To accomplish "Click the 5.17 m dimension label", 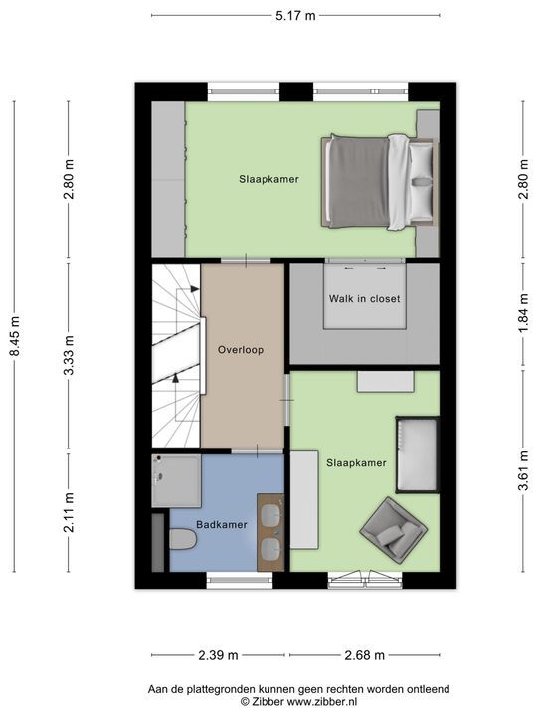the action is pyautogui.click(x=295, y=16).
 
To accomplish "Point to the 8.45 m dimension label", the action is pyautogui.click(x=16, y=336).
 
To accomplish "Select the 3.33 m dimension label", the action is pyautogui.click(x=69, y=355).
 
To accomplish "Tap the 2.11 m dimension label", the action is pyautogui.click(x=69, y=513).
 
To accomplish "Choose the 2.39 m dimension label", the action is pyautogui.click(x=218, y=655).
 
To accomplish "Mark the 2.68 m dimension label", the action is pyautogui.click(x=364, y=655).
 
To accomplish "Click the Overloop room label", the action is pyautogui.click(x=241, y=350).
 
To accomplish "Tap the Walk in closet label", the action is pyautogui.click(x=364, y=299).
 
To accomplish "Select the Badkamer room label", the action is pyautogui.click(x=222, y=525).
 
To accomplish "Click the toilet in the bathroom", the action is pyautogui.click(x=183, y=539).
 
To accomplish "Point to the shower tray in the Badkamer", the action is pyautogui.click(x=176, y=481).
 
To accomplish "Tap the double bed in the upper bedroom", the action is pyautogui.click(x=379, y=181).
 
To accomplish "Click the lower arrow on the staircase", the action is pyautogui.click(x=175, y=378).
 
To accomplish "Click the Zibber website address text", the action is pyautogui.click(x=322, y=702).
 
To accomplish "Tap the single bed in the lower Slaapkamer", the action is pyautogui.click(x=418, y=454).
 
